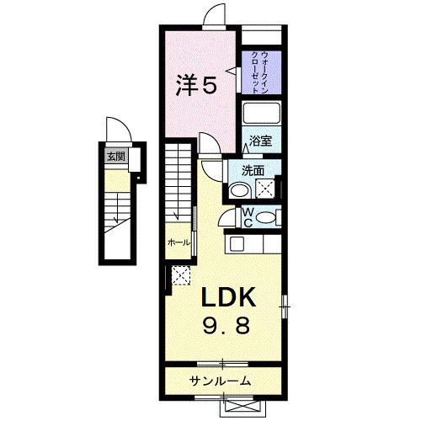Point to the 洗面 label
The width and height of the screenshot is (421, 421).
click(253, 171)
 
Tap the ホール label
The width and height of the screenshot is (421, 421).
click(179, 242)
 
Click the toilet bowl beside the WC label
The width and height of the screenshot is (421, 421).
click(268, 218)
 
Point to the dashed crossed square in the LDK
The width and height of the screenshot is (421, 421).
click(179, 274)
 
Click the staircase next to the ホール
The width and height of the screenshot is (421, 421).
click(179, 185)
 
